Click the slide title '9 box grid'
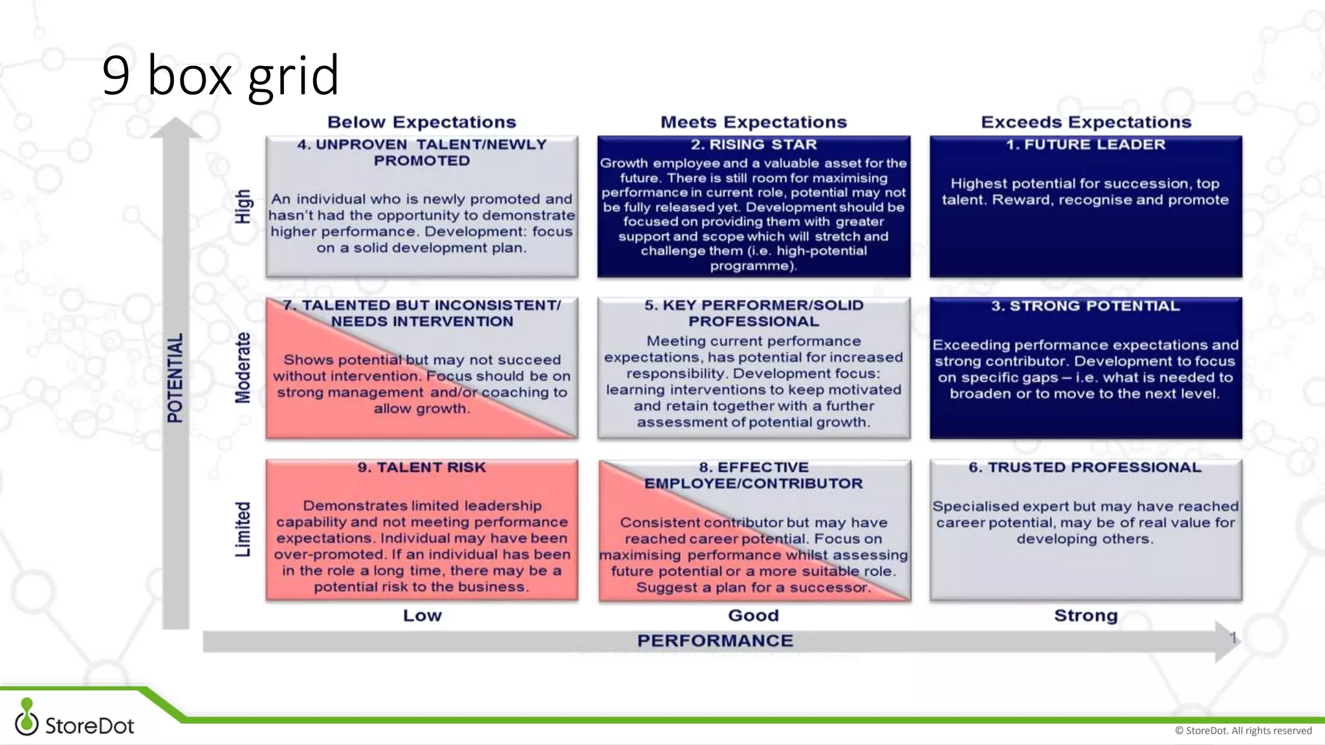(x=220, y=76)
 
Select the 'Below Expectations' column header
(x=422, y=122)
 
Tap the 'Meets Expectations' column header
(x=754, y=122)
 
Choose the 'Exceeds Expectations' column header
(x=1086, y=122)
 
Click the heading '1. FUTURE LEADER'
(x=1086, y=145)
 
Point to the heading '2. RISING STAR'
(x=754, y=145)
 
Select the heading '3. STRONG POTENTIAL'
(x=1086, y=306)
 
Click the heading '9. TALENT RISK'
(x=422, y=468)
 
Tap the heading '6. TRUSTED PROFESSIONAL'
(x=1085, y=468)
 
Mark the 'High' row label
(x=243, y=206)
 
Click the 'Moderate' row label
(x=243, y=367)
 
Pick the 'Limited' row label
(x=243, y=529)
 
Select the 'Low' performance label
(x=422, y=616)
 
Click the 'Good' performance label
(x=754, y=616)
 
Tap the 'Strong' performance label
(x=1086, y=616)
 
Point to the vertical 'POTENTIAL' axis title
(x=175, y=378)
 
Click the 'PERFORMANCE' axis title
(x=715, y=641)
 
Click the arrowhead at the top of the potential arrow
(x=175, y=127)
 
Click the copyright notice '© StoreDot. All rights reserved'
(x=1243, y=731)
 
